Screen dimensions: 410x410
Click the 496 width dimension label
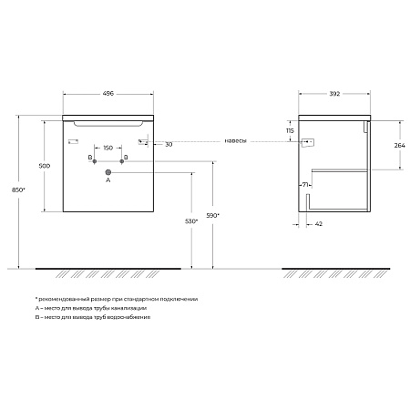(108, 93)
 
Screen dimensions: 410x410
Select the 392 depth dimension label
(334, 94)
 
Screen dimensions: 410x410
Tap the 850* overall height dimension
(18, 190)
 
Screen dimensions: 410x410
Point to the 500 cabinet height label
(45, 166)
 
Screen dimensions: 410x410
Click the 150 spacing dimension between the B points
(108, 148)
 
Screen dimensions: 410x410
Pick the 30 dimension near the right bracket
(169, 145)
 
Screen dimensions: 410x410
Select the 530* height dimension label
(191, 221)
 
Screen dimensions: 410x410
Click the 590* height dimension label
(212, 216)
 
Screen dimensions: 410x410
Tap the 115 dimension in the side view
(290, 131)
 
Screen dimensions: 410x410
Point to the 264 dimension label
(400, 146)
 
